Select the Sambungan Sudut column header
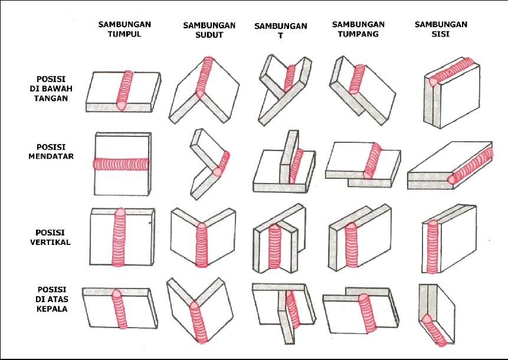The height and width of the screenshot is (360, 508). click(209, 30)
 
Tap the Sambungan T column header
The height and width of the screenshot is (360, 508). click(281, 31)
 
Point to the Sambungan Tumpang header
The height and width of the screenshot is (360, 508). click(358, 29)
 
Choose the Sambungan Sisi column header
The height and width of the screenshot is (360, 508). click(441, 29)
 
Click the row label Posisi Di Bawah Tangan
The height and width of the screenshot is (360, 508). click(51, 89)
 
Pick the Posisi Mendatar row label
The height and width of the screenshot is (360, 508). click(51, 152)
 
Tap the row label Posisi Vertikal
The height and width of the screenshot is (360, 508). click(50, 237)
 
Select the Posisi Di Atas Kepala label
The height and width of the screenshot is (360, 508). click(52, 299)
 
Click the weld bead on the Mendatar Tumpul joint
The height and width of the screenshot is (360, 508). click(121, 164)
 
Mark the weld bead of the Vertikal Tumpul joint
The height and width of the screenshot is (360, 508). click(119, 237)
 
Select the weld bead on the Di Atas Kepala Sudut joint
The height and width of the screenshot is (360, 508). click(199, 322)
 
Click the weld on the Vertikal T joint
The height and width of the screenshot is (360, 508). click(275, 247)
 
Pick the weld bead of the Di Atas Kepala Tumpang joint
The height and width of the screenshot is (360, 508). click(368, 313)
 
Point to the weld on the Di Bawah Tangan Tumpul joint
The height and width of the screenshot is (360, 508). click(124, 90)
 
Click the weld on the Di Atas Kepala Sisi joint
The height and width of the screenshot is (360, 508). click(433, 329)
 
